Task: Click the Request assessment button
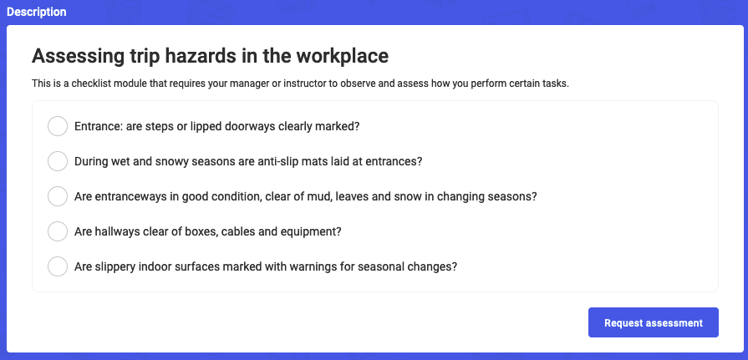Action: pyautogui.click(x=653, y=322)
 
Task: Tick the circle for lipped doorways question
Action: pyautogui.click(x=58, y=126)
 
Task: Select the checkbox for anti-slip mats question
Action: pyautogui.click(x=58, y=161)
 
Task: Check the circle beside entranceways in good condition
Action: pyautogui.click(x=58, y=196)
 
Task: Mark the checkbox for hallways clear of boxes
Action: pyautogui.click(x=58, y=231)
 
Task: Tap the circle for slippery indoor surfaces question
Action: pyautogui.click(x=58, y=266)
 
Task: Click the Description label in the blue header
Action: pyautogui.click(x=36, y=12)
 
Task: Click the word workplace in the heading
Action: pyautogui.click(x=342, y=56)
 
